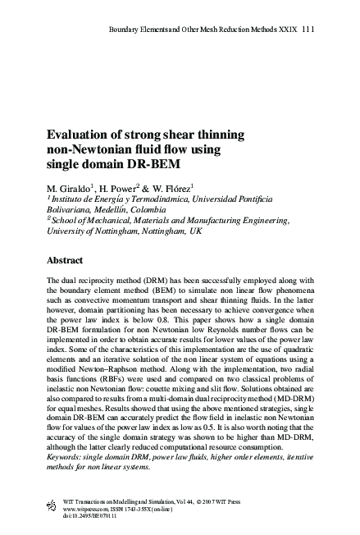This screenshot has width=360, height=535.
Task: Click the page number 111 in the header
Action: (308, 30)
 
